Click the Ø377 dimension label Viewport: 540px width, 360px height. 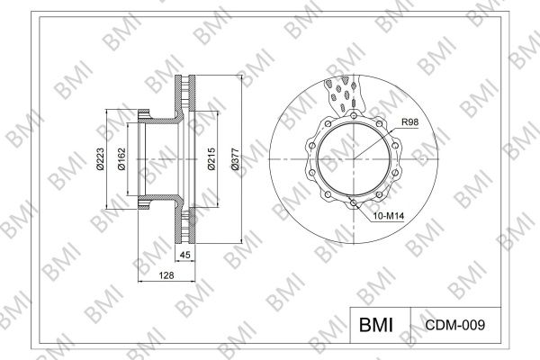(x=235, y=158)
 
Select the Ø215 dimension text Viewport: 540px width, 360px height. (x=211, y=158)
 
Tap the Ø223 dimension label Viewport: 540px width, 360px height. (x=100, y=158)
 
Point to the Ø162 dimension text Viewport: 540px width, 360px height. (x=121, y=158)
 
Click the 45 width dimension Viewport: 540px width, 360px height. (x=184, y=255)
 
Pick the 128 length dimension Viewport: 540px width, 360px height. (x=166, y=275)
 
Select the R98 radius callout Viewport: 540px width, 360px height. (x=409, y=122)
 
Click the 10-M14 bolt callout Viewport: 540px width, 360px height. (x=389, y=216)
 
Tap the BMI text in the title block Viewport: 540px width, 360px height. (x=376, y=325)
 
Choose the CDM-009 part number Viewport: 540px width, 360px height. (x=455, y=325)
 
